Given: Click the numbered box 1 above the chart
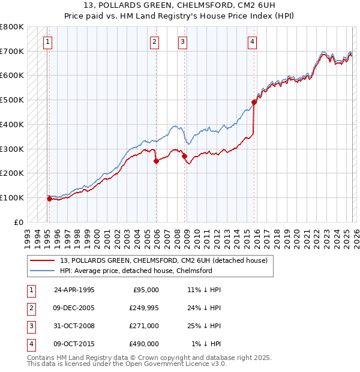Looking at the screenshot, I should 47,41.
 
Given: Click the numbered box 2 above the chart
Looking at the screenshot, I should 154,41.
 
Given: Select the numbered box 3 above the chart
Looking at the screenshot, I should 182,41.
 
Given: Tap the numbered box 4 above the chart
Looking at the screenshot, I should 252,41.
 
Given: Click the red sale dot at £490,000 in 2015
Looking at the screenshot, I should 254,102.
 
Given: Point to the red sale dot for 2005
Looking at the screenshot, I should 156,161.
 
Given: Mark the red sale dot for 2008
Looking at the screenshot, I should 185,155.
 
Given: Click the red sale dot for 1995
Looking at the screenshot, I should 49,199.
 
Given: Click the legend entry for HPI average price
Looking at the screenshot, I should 136,271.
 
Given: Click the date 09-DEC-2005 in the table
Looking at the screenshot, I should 74,308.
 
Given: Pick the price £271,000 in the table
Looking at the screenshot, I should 144,326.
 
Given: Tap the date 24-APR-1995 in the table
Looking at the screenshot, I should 74,290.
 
